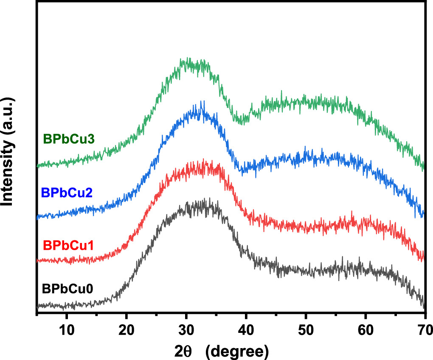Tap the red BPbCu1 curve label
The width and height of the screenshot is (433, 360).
click(68, 245)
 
